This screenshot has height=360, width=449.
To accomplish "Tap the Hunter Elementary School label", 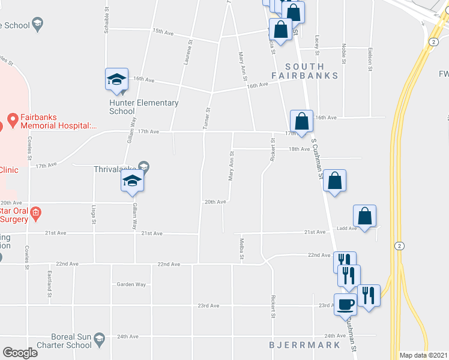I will pyautogui.click(x=143, y=107).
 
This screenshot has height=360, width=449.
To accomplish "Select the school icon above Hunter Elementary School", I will pyautogui.click(x=117, y=80).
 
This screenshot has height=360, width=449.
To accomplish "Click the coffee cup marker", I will pyautogui.click(x=345, y=304).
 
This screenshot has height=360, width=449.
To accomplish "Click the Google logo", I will pyautogui.click(x=20, y=353).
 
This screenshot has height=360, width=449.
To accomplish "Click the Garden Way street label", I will pyautogui.click(x=131, y=284).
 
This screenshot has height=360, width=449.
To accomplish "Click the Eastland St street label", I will pyautogui.click(x=49, y=283).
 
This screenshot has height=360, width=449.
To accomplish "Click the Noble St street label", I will pyautogui.click(x=343, y=53).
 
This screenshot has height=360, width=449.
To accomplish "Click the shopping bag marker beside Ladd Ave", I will pyautogui.click(x=364, y=215).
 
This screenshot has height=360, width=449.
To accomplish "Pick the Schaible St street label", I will pyautogui.click(x=106, y=22).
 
